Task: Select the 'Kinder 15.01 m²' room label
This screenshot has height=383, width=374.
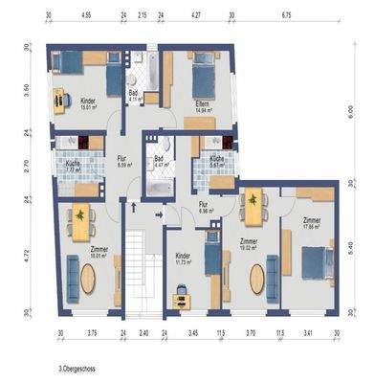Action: (x=88, y=102)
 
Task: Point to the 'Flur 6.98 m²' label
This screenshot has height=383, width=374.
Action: (x=204, y=208)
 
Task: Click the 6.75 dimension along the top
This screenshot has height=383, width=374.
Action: (x=286, y=16)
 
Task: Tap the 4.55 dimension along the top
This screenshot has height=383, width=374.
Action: (x=86, y=16)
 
